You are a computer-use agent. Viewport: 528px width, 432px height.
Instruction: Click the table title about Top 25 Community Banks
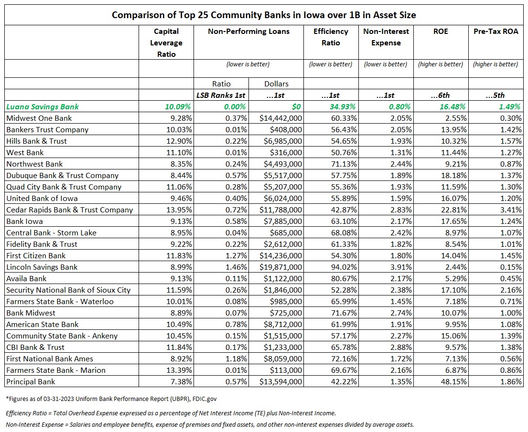pyautogui.click(x=264, y=15)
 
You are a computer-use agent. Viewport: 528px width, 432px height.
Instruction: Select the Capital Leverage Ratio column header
pyautogui.click(x=166, y=43)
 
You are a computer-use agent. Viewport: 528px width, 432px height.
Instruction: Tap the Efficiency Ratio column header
pyautogui.click(x=331, y=37)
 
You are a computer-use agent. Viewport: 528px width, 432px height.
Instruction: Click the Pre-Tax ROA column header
pyautogui.click(x=496, y=32)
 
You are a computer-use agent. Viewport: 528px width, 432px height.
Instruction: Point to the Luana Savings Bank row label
pyautogui.click(x=43, y=106)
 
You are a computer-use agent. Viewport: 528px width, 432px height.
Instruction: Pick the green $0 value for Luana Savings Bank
pyautogui.click(x=296, y=106)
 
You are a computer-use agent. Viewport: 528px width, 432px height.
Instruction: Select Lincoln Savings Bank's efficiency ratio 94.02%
pyautogui.click(x=344, y=267)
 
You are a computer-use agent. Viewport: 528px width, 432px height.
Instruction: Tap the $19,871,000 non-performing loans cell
pyautogui.click(x=280, y=267)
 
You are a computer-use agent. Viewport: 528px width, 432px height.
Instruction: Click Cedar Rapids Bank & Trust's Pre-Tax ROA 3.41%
pyautogui.click(x=511, y=210)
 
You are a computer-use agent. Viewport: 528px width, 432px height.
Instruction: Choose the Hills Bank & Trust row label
pyautogui.click(x=36, y=141)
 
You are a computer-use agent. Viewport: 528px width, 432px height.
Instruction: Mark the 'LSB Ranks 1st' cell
pyautogui.click(x=221, y=95)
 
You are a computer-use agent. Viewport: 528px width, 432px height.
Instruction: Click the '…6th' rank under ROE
pyautogui.click(x=441, y=95)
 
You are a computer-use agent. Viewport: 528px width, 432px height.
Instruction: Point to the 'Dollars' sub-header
pyautogui.click(x=276, y=84)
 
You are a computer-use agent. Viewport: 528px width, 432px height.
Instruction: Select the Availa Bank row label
pyautogui.click(x=26, y=279)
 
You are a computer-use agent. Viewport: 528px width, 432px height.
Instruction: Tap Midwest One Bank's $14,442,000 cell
pyautogui.click(x=280, y=118)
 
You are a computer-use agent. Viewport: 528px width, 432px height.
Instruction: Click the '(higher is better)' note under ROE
pyautogui.click(x=441, y=64)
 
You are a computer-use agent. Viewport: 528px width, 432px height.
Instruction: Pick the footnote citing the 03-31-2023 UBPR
pyautogui.click(x=111, y=399)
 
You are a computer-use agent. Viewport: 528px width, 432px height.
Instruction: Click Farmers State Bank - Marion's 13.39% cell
pyautogui.click(x=179, y=370)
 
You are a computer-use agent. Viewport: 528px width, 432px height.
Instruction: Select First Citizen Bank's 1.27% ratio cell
pyautogui.click(x=236, y=256)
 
